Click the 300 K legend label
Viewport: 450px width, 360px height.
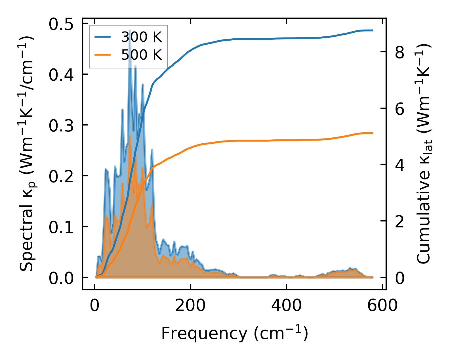tap(141, 37)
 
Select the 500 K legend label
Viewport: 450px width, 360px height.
tap(141, 55)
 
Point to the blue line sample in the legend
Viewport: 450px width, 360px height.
tap(103, 37)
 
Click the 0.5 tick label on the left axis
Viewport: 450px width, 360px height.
tap(61, 24)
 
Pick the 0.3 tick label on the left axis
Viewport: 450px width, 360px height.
tap(61, 125)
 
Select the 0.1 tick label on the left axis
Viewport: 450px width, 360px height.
tap(61, 227)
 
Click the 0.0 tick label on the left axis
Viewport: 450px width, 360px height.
tap(61, 278)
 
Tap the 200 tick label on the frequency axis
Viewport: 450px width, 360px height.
tap(190, 306)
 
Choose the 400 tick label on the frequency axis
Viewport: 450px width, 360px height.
tap(287, 306)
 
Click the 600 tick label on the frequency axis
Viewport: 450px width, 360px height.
tap(382, 306)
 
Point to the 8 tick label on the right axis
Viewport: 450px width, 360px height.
tap(400, 52)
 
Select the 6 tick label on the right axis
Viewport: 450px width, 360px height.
tap(400, 109)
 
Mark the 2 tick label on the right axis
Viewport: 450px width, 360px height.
tap(400, 222)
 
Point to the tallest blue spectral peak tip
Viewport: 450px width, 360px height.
tap(130, 30)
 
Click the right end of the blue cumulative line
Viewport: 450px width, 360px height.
tap(373, 30)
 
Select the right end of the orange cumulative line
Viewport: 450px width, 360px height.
tap(373, 133)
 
